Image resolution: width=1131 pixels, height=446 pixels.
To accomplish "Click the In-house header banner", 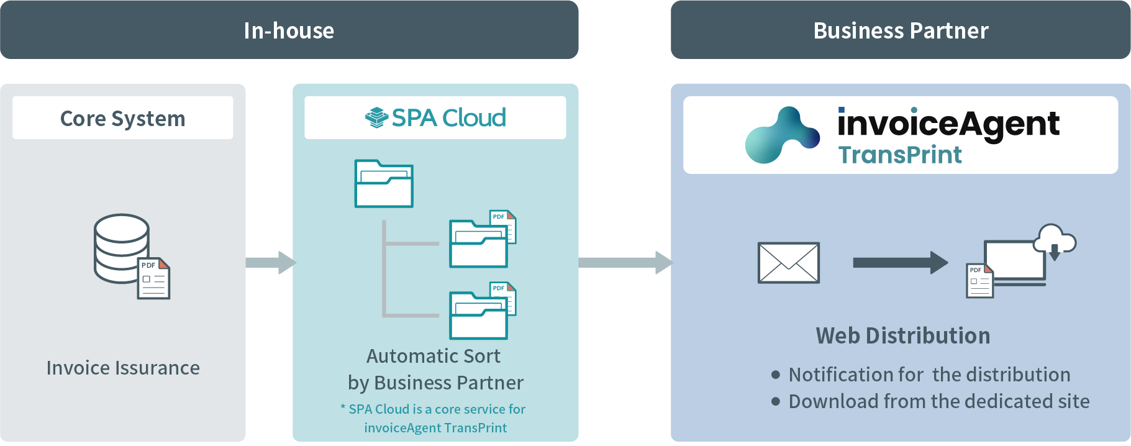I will pyautogui.click(x=289, y=30).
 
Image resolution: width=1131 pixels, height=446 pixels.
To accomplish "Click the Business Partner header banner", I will pyautogui.click(x=900, y=30).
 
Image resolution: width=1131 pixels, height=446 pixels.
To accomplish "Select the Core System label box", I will pyautogui.click(x=122, y=118).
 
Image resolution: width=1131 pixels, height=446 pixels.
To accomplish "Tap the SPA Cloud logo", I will pyautogui.click(x=435, y=117).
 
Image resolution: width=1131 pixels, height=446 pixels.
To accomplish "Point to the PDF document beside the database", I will pyautogui.click(x=153, y=278).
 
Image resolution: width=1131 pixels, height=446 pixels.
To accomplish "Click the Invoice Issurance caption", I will pyautogui.click(x=123, y=368).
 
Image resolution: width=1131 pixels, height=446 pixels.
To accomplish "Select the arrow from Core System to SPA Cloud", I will pyautogui.click(x=271, y=262).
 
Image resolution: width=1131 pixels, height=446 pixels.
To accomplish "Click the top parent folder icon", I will pyautogui.click(x=384, y=184).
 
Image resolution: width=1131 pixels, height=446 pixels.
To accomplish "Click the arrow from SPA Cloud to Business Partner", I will pyautogui.click(x=624, y=262).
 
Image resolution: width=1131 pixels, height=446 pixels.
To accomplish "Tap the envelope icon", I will pyautogui.click(x=788, y=263).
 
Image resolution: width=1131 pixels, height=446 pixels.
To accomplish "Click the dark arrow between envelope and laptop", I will pyautogui.click(x=899, y=263).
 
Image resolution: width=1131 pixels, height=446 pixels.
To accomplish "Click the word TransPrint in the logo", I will pyautogui.click(x=899, y=155).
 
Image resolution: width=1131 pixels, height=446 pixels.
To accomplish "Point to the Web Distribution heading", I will pyautogui.click(x=902, y=335).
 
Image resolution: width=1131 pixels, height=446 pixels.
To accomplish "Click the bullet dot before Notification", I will pyautogui.click(x=775, y=375).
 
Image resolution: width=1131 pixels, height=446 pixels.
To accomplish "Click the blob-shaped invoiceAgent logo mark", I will pyautogui.click(x=781, y=135).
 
